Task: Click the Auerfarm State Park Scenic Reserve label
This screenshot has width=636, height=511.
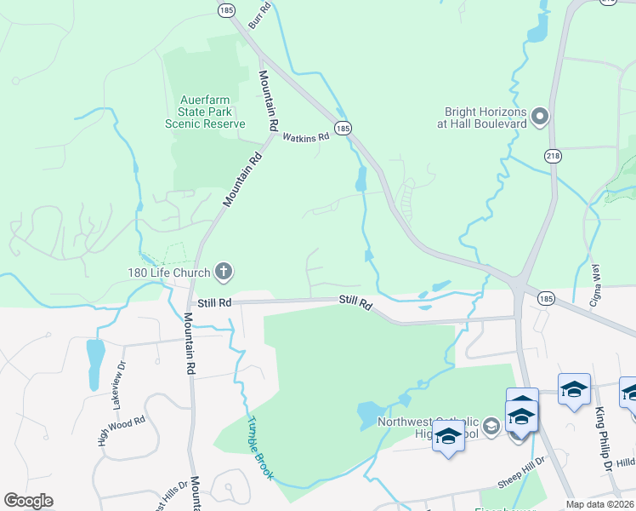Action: coord(205,111)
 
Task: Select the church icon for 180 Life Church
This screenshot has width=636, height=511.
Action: coord(224,272)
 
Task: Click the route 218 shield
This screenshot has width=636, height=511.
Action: coord(554,156)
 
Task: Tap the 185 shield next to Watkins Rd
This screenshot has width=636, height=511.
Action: coord(342,128)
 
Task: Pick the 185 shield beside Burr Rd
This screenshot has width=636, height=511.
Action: coord(225,10)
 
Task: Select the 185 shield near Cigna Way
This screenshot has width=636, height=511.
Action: coord(546,299)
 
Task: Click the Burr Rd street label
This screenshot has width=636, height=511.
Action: coord(259,16)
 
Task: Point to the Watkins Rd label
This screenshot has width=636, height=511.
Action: coord(305,137)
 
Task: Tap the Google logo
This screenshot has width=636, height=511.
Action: coord(28,501)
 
